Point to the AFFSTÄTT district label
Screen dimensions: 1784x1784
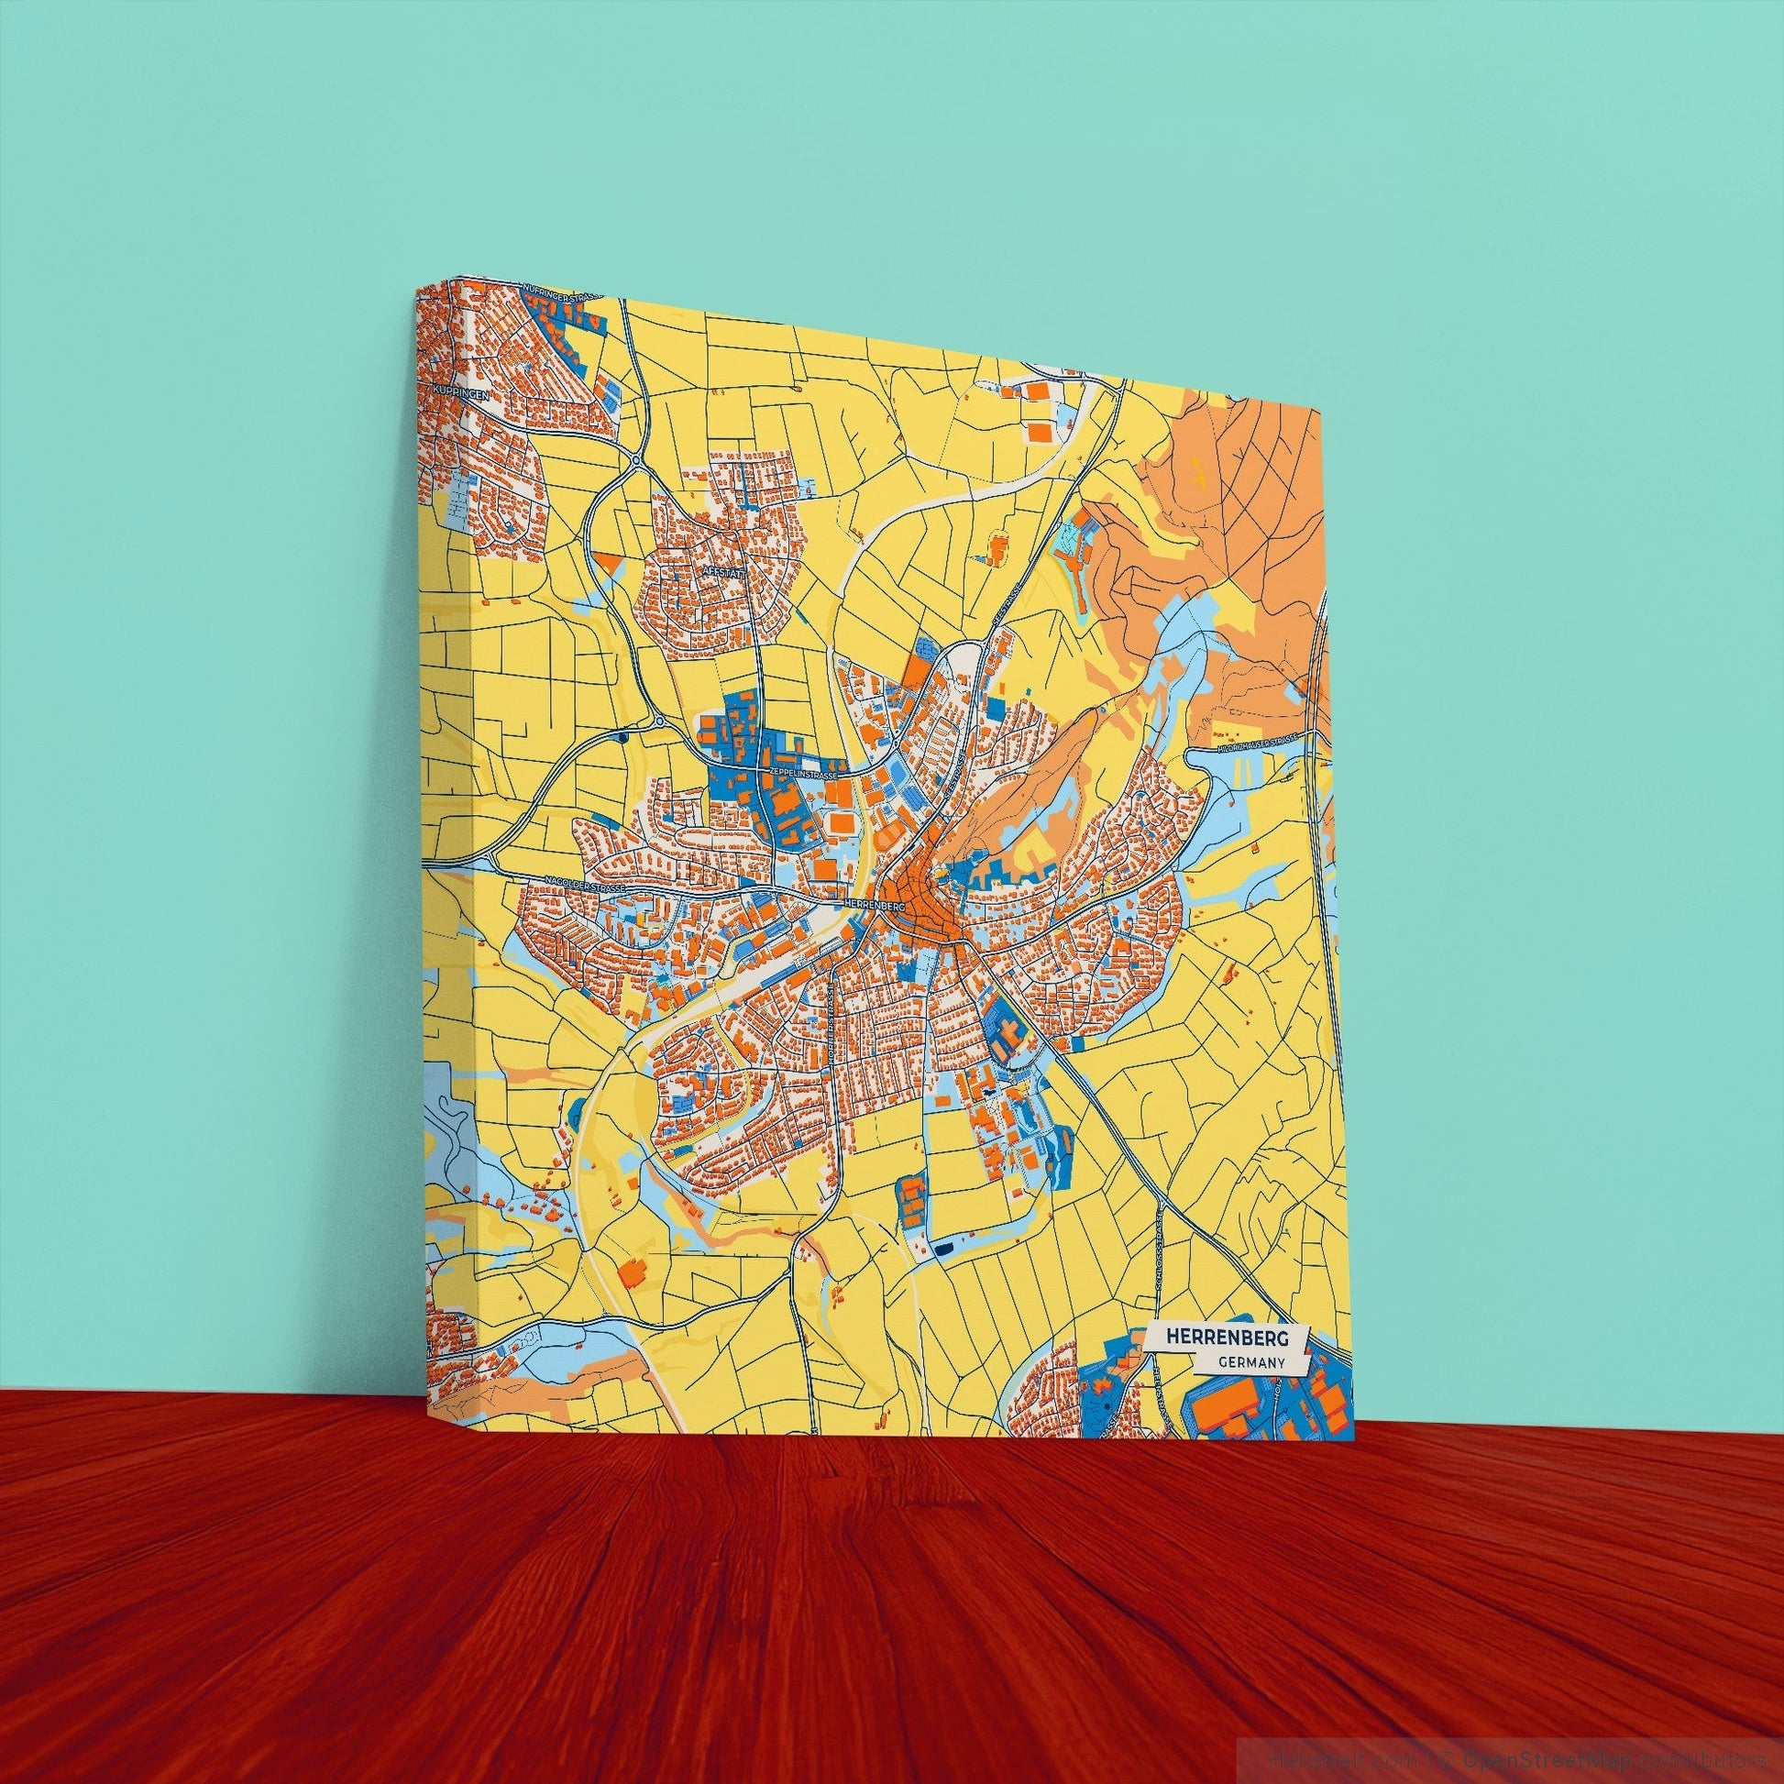(723, 571)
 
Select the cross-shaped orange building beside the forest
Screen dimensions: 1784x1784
(997, 550)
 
